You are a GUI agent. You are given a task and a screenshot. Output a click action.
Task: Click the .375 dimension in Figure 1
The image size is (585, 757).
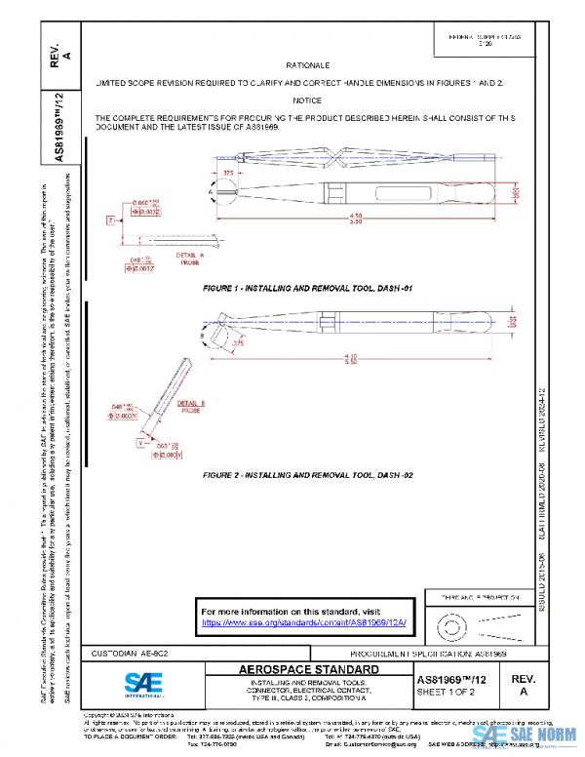pyautogui.click(x=230, y=172)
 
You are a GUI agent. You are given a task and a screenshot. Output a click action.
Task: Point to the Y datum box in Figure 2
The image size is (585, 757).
pyautogui.click(x=140, y=442)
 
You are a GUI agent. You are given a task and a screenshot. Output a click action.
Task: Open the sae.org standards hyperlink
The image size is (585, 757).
pyautogui.click(x=303, y=621)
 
